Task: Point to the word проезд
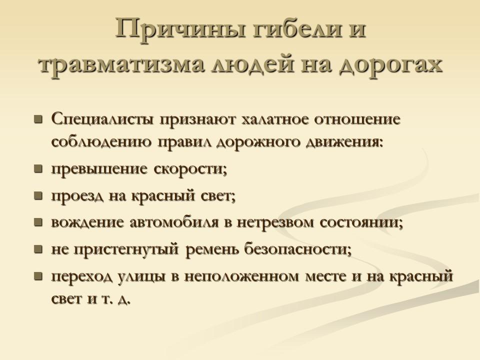tap(75, 195)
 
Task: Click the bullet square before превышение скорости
tap(37, 169)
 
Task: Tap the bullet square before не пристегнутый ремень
tap(37, 248)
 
